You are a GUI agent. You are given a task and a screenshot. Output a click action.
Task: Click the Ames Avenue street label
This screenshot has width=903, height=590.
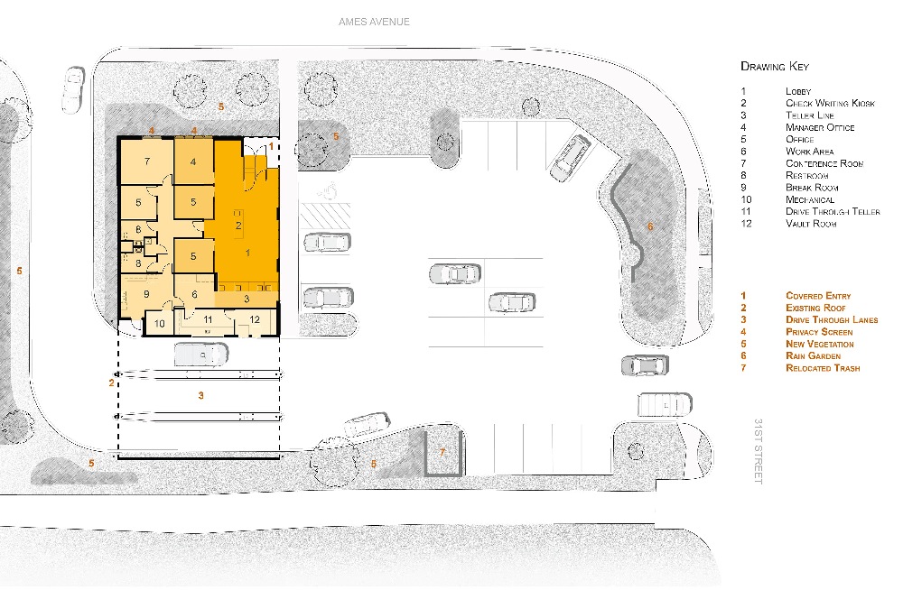click(375, 22)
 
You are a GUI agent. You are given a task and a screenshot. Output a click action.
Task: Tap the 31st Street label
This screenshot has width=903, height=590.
click(759, 451)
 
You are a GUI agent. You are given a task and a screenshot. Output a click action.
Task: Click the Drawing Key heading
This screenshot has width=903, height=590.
click(775, 66)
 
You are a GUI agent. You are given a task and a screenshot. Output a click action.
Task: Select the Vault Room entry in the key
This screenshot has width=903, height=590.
click(811, 224)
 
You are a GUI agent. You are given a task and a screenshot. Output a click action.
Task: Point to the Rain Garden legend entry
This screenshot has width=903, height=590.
click(814, 355)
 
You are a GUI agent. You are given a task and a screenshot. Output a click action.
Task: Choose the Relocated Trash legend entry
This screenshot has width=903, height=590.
click(823, 368)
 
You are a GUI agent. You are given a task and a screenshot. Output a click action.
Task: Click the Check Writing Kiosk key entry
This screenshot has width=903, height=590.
click(830, 103)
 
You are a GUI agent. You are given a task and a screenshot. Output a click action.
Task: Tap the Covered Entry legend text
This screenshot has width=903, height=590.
click(818, 296)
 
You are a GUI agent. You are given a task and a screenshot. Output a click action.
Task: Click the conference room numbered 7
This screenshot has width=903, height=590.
click(147, 161)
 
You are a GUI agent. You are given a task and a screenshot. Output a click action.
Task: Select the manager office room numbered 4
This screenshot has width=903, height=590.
click(193, 161)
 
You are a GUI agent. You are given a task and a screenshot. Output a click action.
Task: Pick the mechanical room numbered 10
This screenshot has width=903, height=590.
click(160, 323)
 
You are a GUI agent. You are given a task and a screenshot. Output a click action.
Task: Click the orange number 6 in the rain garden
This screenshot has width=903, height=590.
click(650, 226)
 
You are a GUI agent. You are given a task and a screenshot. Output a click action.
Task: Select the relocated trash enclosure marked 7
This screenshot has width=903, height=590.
click(442, 453)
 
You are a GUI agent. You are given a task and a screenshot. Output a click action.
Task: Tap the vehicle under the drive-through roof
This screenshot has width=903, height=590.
click(200, 354)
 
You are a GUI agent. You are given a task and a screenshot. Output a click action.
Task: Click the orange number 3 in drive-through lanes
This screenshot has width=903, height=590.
click(201, 395)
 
